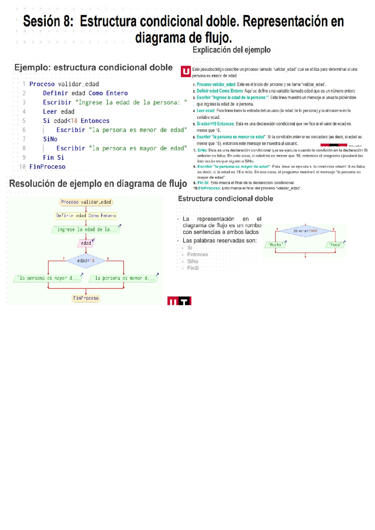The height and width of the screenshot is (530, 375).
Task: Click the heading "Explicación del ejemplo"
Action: tap(232, 50)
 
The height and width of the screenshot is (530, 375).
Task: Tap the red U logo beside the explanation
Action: tap(186, 72)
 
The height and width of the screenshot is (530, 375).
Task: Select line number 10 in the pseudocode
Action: tap(22, 167)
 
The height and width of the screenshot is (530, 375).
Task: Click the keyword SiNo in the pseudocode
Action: tap(50, 139)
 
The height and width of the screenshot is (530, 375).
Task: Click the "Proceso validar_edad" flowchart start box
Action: tap(86, 202)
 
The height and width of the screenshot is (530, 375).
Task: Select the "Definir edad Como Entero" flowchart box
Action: tap(86, 216)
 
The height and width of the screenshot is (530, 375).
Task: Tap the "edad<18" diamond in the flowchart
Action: tap(86, 261)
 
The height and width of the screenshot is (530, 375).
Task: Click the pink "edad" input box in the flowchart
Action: tap(86, 243)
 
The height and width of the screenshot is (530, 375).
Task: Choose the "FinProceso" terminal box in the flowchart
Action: tap(86, 298)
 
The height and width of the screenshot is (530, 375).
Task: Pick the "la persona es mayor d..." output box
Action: tap(48, 278)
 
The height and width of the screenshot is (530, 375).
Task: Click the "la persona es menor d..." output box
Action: tap(124, 278)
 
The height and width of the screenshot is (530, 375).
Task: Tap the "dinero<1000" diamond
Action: tap(305, 231)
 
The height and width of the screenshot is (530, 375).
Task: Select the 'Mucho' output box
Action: tap(276, 245)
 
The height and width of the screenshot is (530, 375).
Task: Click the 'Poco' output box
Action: tap(335, 245)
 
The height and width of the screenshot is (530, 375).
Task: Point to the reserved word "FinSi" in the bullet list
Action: tap(193, 268)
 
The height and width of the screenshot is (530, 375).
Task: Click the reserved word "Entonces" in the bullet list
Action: tap(197, 255)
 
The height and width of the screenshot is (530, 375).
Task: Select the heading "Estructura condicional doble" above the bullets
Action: tap(225, 199)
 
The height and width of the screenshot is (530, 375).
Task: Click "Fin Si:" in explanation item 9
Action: tap(203, 183)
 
